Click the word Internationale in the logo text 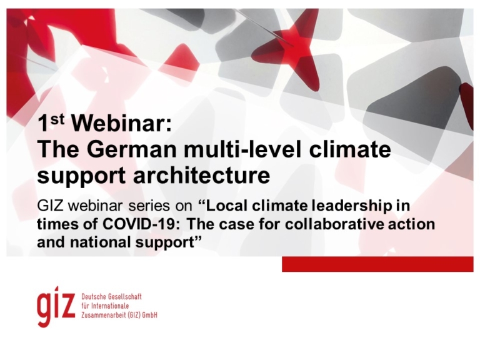tap(111, 306)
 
